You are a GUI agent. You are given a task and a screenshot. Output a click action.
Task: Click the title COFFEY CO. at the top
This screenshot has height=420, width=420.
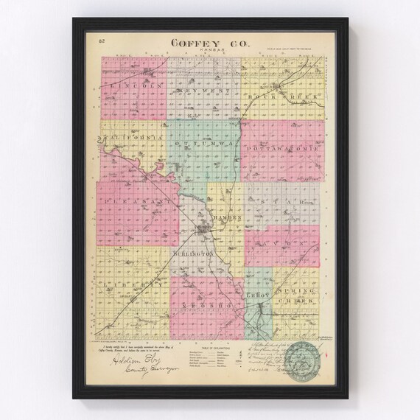tap(209, 43)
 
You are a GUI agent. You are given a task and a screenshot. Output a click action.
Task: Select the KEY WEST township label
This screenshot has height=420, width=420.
tap(203, 90)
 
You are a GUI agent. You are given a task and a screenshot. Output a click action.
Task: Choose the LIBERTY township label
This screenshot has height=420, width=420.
tap(130, 283)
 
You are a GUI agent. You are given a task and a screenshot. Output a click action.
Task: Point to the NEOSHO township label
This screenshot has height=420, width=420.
tap(205, 303)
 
